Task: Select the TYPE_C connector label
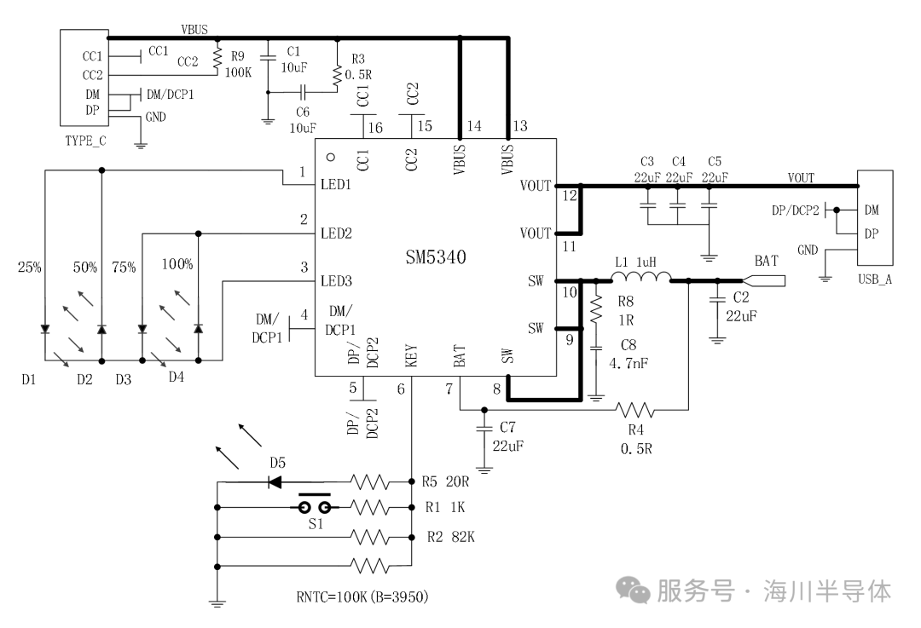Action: pyautogui.click(x=85, y=141)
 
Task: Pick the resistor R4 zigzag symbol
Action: pyautogui.click(x=634, y=409)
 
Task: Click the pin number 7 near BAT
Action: pyautogui.click(x=449, y=389)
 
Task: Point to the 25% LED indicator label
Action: pyautogui.click(x=29, y=268)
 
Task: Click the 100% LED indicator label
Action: pyautogui.click(x=177, y=265)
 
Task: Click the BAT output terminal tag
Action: pyautogui.click(x=764, y=280)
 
